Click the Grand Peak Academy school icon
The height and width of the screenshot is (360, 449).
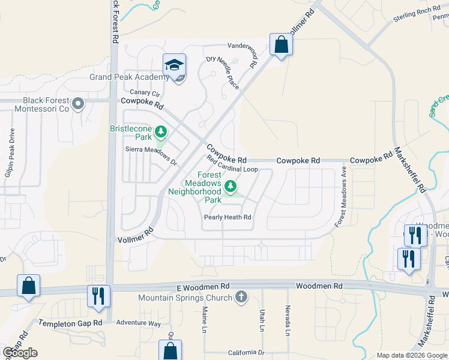click(x=174, y=64)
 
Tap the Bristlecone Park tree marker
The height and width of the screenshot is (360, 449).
click(x=160, y=131)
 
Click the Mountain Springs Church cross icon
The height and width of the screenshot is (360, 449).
click(x=241, y=297)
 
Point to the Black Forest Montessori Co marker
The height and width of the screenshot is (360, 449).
click(x=77, y=106)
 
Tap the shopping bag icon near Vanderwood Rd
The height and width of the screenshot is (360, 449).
click(x=281, y=44)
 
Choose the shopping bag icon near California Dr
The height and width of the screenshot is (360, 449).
click(x=170, y=351)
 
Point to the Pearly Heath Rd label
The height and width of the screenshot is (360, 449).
click(x=228, y=217)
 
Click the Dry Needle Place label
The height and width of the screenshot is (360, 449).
click(x=223, y=73)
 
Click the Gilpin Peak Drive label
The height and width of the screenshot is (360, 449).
click(x=11, y=149)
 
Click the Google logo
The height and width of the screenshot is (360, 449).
click(x=20, y=353)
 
